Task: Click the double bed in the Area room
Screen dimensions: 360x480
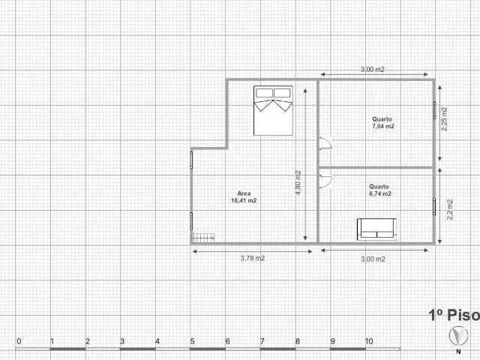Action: tap(272, 110)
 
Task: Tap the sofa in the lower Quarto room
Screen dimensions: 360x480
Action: tap(376, 229)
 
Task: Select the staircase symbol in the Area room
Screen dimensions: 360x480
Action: tap(203, 237)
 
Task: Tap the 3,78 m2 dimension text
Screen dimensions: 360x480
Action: tap(252, 259)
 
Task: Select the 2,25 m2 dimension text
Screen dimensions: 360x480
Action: tap(444, 118)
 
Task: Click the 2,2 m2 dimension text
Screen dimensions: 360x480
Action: tap(448, 208)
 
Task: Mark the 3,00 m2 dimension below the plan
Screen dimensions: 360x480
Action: tap(373, 259)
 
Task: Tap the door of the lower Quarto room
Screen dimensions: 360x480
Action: tap(325, 178)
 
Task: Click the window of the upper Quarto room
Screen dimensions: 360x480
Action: tap(433, 109)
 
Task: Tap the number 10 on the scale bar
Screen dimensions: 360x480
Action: tap(367, 342)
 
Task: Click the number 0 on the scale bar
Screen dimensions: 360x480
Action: tap(18, 342)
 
